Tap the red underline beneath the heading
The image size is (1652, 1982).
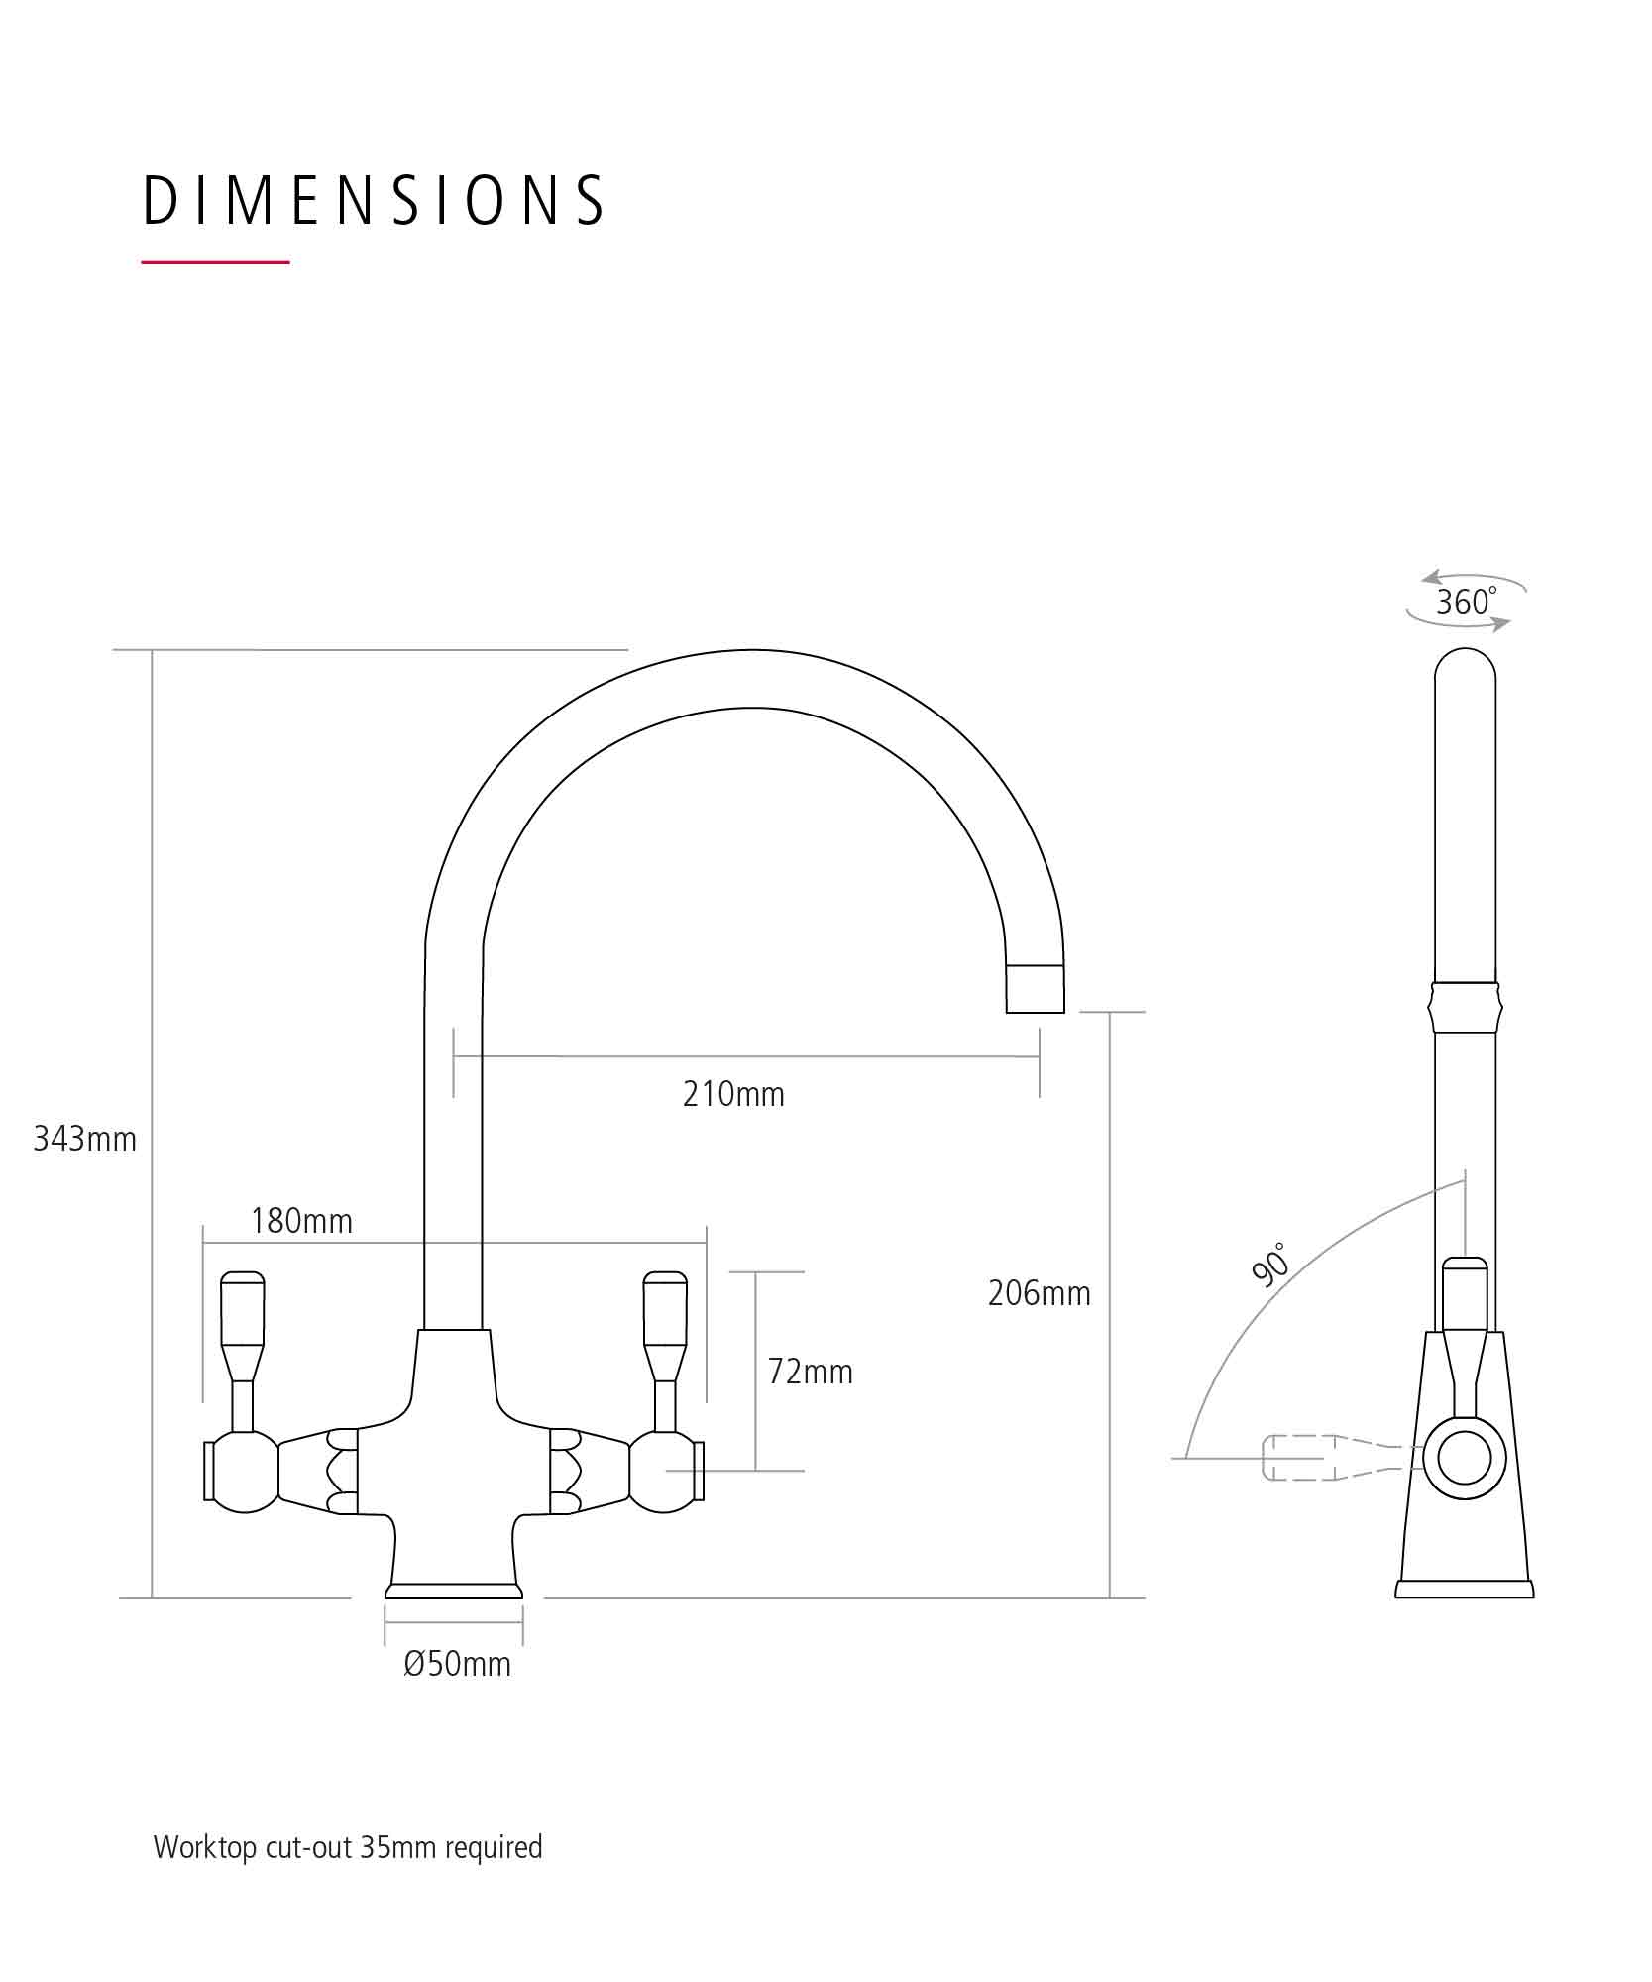[215, 262]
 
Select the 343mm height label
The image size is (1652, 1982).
[85, 1140]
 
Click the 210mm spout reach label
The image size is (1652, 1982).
[733, 1094]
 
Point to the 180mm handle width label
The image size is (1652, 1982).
[301, 1221]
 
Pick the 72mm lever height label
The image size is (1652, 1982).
[810, 1372]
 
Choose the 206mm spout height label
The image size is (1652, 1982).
[1039, 1293]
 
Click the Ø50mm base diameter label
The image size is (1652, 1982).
[457, 1664]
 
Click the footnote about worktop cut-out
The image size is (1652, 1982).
[348, 1847]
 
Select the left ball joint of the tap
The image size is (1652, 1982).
[244, 1472]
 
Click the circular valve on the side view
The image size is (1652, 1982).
[1464, 1458]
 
